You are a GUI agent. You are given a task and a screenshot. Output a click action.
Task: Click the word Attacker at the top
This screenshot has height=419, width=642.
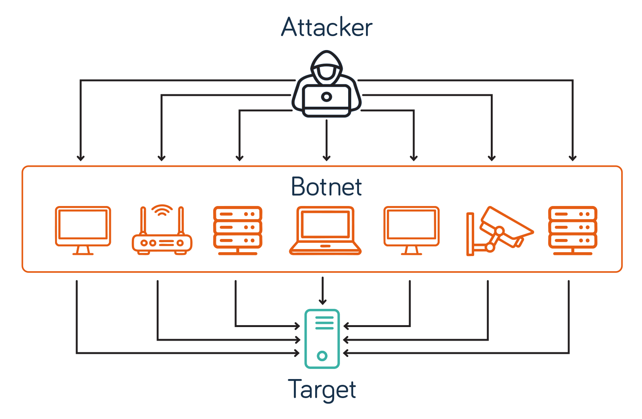pyautogui.click(x=326, y=27)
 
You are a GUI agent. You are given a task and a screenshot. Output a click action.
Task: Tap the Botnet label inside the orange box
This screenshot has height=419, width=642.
pyautogui.click(x=326, y=187)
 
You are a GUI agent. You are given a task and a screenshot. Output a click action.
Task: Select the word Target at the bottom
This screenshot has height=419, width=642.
pyautogui.click(x=322, y=390)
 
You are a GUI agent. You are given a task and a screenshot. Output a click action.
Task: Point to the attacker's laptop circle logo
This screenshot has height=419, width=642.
pyautogui.click(x=326, y=97)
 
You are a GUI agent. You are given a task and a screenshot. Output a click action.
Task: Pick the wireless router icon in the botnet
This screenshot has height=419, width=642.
pyautogui.click(x=162, y=233)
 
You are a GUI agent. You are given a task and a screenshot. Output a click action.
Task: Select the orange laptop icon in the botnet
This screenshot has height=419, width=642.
pyautogui.click(x=325, y=231)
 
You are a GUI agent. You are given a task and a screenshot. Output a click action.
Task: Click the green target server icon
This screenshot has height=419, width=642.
pyautogui.click(x=322, y=339)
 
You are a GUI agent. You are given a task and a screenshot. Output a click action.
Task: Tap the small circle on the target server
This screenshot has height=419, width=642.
pyautogui.click(x=322, y=355)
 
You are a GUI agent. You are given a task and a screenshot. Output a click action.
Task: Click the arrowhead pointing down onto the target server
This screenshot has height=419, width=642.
pyautogui.click(x=323, y=301)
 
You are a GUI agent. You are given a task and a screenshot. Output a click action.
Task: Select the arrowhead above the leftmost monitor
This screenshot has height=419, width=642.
pyautogui.click(x=81, y=158)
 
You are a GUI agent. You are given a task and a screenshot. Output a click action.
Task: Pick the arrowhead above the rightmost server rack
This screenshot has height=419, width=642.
pyautogui.click(x=573, y=158)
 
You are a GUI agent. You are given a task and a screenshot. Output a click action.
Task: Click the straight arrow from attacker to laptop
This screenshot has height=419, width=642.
pyautogui.click(x=326, y=140)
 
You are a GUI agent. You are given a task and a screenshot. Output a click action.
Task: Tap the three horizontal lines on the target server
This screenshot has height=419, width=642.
pyautogui.click(x=324, y=323)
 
